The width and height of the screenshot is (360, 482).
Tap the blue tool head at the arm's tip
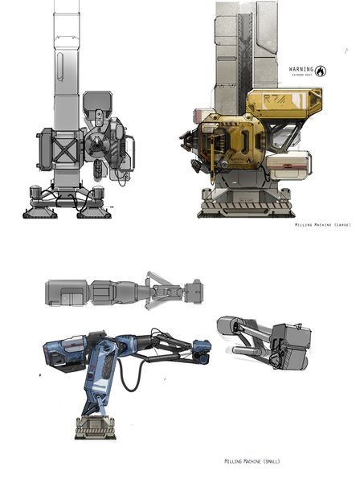pos(200,349)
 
